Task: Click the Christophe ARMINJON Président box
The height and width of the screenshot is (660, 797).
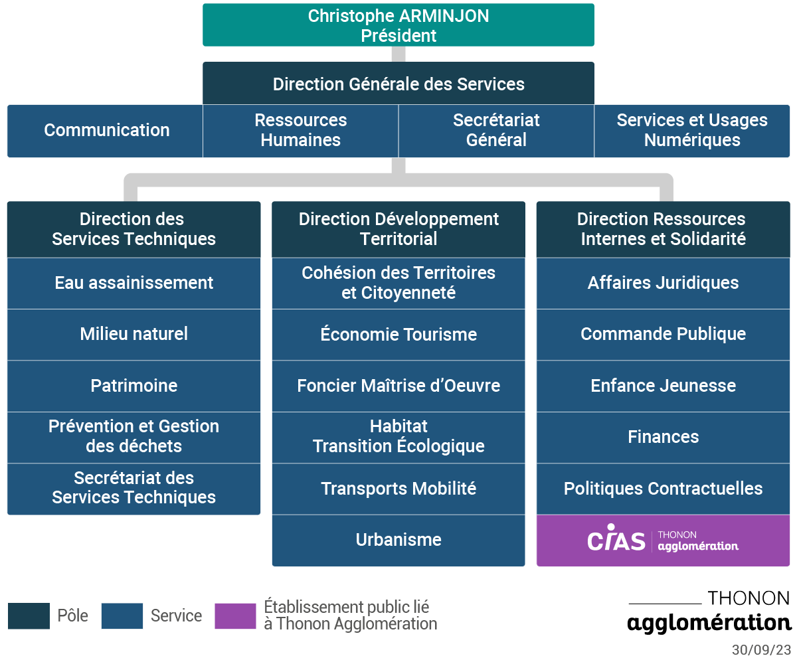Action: click(398, 25)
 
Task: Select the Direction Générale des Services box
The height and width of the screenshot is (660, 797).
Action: click(398, 83)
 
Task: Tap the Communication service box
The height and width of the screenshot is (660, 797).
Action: click(105, 131)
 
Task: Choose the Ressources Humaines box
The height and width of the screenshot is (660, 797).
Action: click(300, 131)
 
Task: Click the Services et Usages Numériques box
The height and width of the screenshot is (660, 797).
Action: click(692, 131)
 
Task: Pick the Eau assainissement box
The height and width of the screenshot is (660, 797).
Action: click(134, 284)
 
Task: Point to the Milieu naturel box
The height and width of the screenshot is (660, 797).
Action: click(134, 335)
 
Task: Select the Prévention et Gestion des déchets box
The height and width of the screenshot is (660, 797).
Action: click(134, 438)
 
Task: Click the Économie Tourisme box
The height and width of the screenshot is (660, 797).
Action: click(398, 335)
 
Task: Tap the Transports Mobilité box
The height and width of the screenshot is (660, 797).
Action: click(398, 489)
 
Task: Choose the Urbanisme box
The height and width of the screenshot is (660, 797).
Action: click(398, 540)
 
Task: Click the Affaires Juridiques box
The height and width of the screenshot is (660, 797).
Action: click(663, 284)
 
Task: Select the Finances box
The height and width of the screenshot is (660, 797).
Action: click(663, 438)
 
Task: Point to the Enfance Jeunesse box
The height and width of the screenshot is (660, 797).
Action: click(663, 386)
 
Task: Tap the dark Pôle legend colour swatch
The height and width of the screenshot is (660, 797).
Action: click(29, 616)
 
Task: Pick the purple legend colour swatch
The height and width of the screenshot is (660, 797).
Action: click(235, 616)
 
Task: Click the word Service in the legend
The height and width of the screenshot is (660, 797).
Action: click(177, 616)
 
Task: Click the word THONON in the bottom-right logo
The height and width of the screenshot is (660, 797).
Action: click(749, 598)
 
